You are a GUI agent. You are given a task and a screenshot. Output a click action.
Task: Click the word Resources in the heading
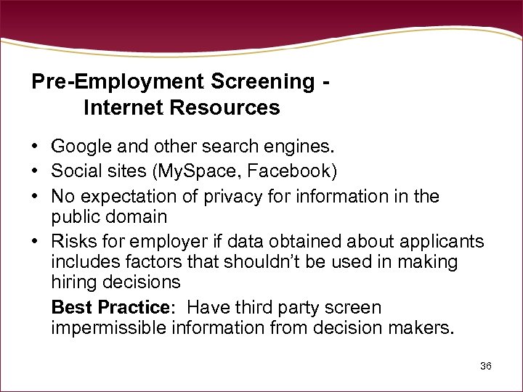click(224, 107)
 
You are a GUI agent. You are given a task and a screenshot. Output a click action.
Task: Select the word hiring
click(73, 281)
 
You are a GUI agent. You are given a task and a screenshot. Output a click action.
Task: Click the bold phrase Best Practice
click(110, 307)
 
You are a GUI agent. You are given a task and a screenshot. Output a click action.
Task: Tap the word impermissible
click(109, 327)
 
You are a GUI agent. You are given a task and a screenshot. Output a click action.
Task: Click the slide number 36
click(486, 366)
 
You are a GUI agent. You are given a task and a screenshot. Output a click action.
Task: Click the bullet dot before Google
click(36, 147)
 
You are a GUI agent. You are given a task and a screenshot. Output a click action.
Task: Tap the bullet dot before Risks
click(36, 241)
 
